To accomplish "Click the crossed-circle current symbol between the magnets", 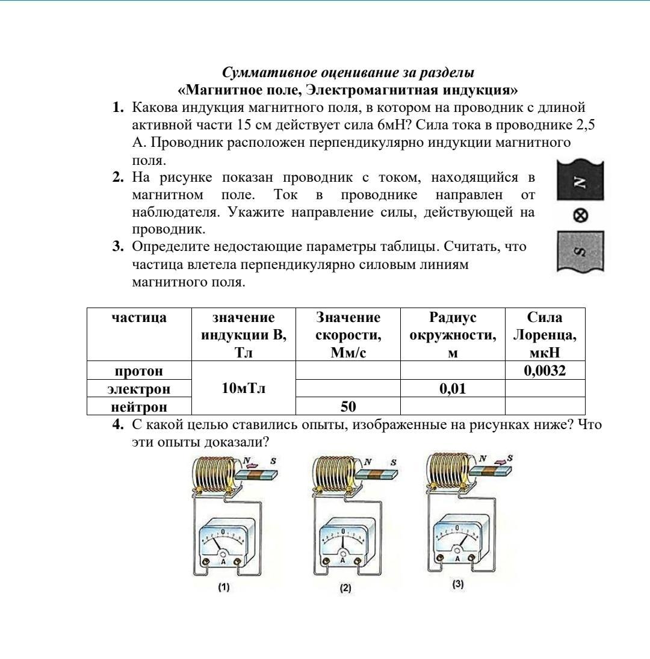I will pyautogui.click(x=581, y=215).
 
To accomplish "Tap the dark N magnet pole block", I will pyautogui.click(x=580, y=181).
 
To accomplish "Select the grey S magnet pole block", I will pyautogui.click(x=581, y=251).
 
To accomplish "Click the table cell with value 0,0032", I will pyautogui.click(x=545, y=371).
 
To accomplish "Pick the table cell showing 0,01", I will pyautogui.click(x=453, y=389).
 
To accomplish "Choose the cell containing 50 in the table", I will pyautogui.click(x=348, y=407).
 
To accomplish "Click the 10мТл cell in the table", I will pyautogui.click(x=243, y=388).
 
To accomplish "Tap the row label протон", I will pyautogui.click(x=139, y=371).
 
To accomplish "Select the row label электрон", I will pyautogui.click(x=139, y=389).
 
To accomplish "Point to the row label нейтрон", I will pyautogui.click(x=139, y=407).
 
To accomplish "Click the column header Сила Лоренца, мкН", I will pyautogui.click(x=545, y=335).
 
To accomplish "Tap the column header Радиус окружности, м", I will pyautogui.click(x=453, y=335).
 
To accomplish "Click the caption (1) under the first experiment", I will pyautogui.click(x=224, y=587).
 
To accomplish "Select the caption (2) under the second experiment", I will pyautogui.click(x=345, y=588).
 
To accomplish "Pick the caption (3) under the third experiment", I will pyautogui.click(x=458, y=584).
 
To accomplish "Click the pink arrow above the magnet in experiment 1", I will pyautogui.click(x=253, y=464).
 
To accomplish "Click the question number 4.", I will pyautogui.click(x=119, y=425).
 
